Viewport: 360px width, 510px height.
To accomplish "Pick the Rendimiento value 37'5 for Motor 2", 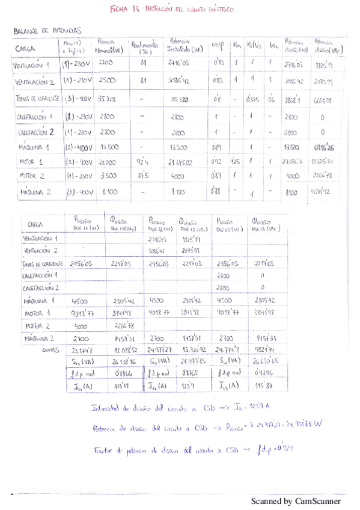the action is click(143, 176).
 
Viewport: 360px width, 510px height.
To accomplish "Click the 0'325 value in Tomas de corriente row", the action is click(254, 98).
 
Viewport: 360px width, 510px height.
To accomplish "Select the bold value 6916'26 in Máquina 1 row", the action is click(323, 147).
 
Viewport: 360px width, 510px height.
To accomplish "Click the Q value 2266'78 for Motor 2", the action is click(123, 326).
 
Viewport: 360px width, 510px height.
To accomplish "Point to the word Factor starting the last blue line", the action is click(102, 449).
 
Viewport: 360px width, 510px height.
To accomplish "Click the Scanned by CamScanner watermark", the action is click(295, 500).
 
